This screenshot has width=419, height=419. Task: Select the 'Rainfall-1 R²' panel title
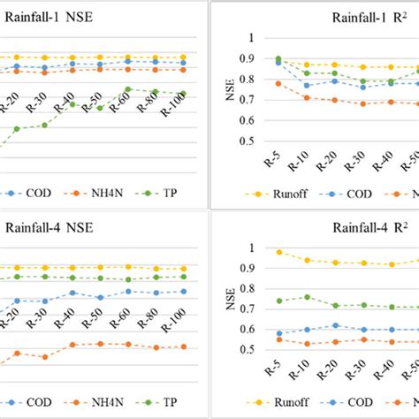tap(369, 16)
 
